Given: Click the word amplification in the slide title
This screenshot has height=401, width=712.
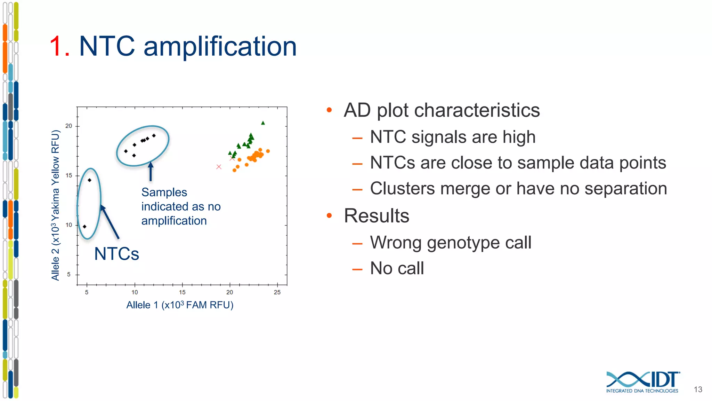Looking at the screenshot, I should pos(220,46).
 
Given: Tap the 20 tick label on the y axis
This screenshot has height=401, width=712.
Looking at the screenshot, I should pos(69,126).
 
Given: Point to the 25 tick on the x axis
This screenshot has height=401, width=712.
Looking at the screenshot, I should pos(277,292).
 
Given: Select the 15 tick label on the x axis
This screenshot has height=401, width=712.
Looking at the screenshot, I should pos(182,292).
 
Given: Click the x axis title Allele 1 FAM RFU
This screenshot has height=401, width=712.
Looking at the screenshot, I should pos(180,305).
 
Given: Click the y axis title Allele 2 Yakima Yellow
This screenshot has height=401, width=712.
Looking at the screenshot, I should pos(56,205).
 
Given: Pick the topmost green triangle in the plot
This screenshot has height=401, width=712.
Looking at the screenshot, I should pos(263,123).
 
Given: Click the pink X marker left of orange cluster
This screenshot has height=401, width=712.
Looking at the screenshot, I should pos(219,167).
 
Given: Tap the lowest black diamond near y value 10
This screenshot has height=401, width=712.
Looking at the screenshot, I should pos(84,227).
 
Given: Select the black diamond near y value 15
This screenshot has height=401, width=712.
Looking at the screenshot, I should pos(89,180).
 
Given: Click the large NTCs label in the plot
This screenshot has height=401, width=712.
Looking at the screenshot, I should pos(116,254).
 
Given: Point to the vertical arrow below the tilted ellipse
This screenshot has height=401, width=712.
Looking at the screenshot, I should pos(151,172).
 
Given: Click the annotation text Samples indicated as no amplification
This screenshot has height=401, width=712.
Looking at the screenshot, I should pos(180,206).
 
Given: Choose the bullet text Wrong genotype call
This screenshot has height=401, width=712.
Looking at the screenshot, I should pos(451,242).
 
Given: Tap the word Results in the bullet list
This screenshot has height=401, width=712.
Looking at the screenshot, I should pos(377,216).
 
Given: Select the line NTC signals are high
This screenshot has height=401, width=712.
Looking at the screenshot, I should pos(453,137).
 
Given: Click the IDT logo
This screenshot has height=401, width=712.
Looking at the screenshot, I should pos(642,382).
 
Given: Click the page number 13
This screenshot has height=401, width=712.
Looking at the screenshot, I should pos(698,390).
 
